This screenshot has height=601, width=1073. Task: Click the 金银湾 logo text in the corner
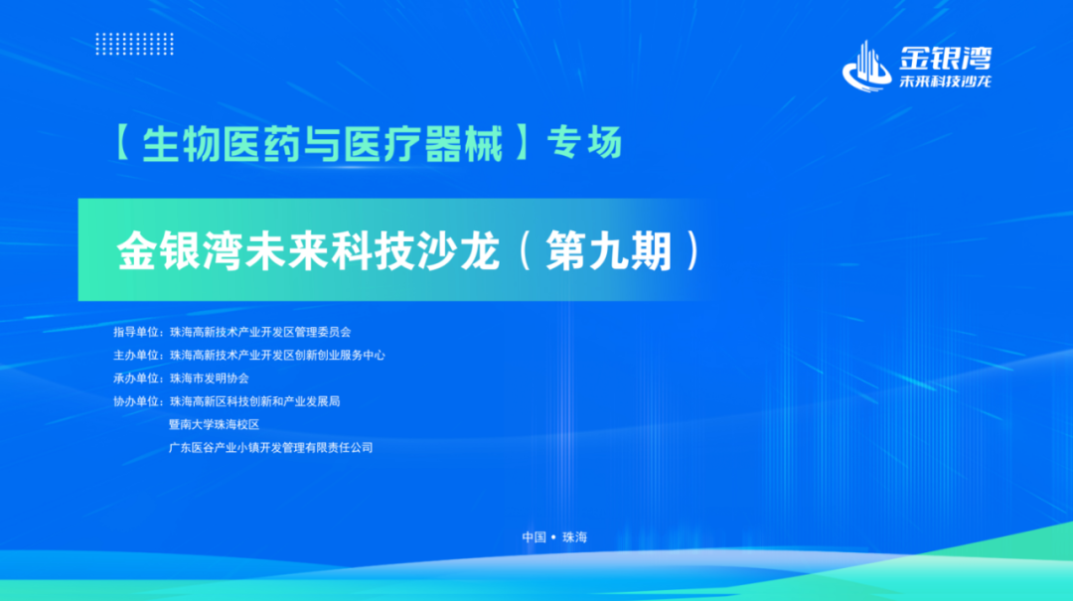(945, 59)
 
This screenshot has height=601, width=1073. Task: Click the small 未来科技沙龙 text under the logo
(945, 80)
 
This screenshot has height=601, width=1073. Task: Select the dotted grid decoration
(135, 44)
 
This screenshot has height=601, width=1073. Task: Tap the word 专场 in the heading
(584, 143)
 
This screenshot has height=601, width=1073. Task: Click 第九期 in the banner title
(608, 250)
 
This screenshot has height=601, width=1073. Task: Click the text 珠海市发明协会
(210, 378)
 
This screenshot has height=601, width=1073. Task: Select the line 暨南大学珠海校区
(215, 424)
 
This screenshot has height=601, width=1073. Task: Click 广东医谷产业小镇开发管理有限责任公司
(271, 448)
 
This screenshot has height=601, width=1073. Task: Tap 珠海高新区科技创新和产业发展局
(254, 401)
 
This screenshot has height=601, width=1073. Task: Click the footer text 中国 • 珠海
(554, 537)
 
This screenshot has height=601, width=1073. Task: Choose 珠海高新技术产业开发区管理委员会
(260, 332)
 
